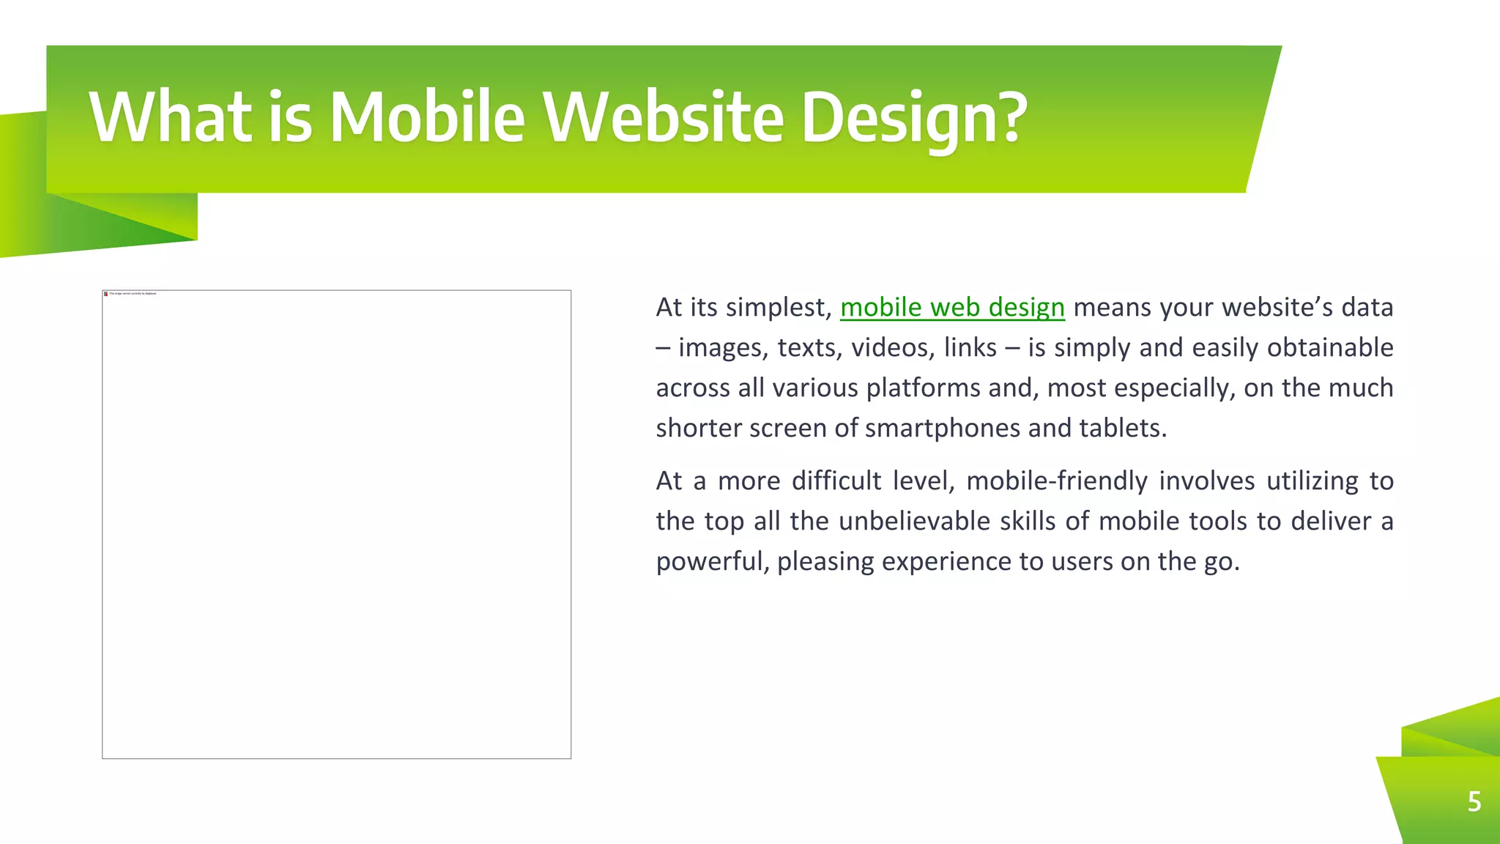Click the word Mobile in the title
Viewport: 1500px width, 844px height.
(427, 117)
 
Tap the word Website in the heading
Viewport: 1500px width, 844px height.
(664, 117)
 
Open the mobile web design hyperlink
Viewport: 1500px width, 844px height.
(952, 308)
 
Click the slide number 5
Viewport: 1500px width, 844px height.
(1474, 802)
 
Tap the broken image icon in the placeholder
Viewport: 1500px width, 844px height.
(106, 294)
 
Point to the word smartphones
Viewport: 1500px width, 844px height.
(943, 428)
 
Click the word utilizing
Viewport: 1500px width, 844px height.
(1312, 481)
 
